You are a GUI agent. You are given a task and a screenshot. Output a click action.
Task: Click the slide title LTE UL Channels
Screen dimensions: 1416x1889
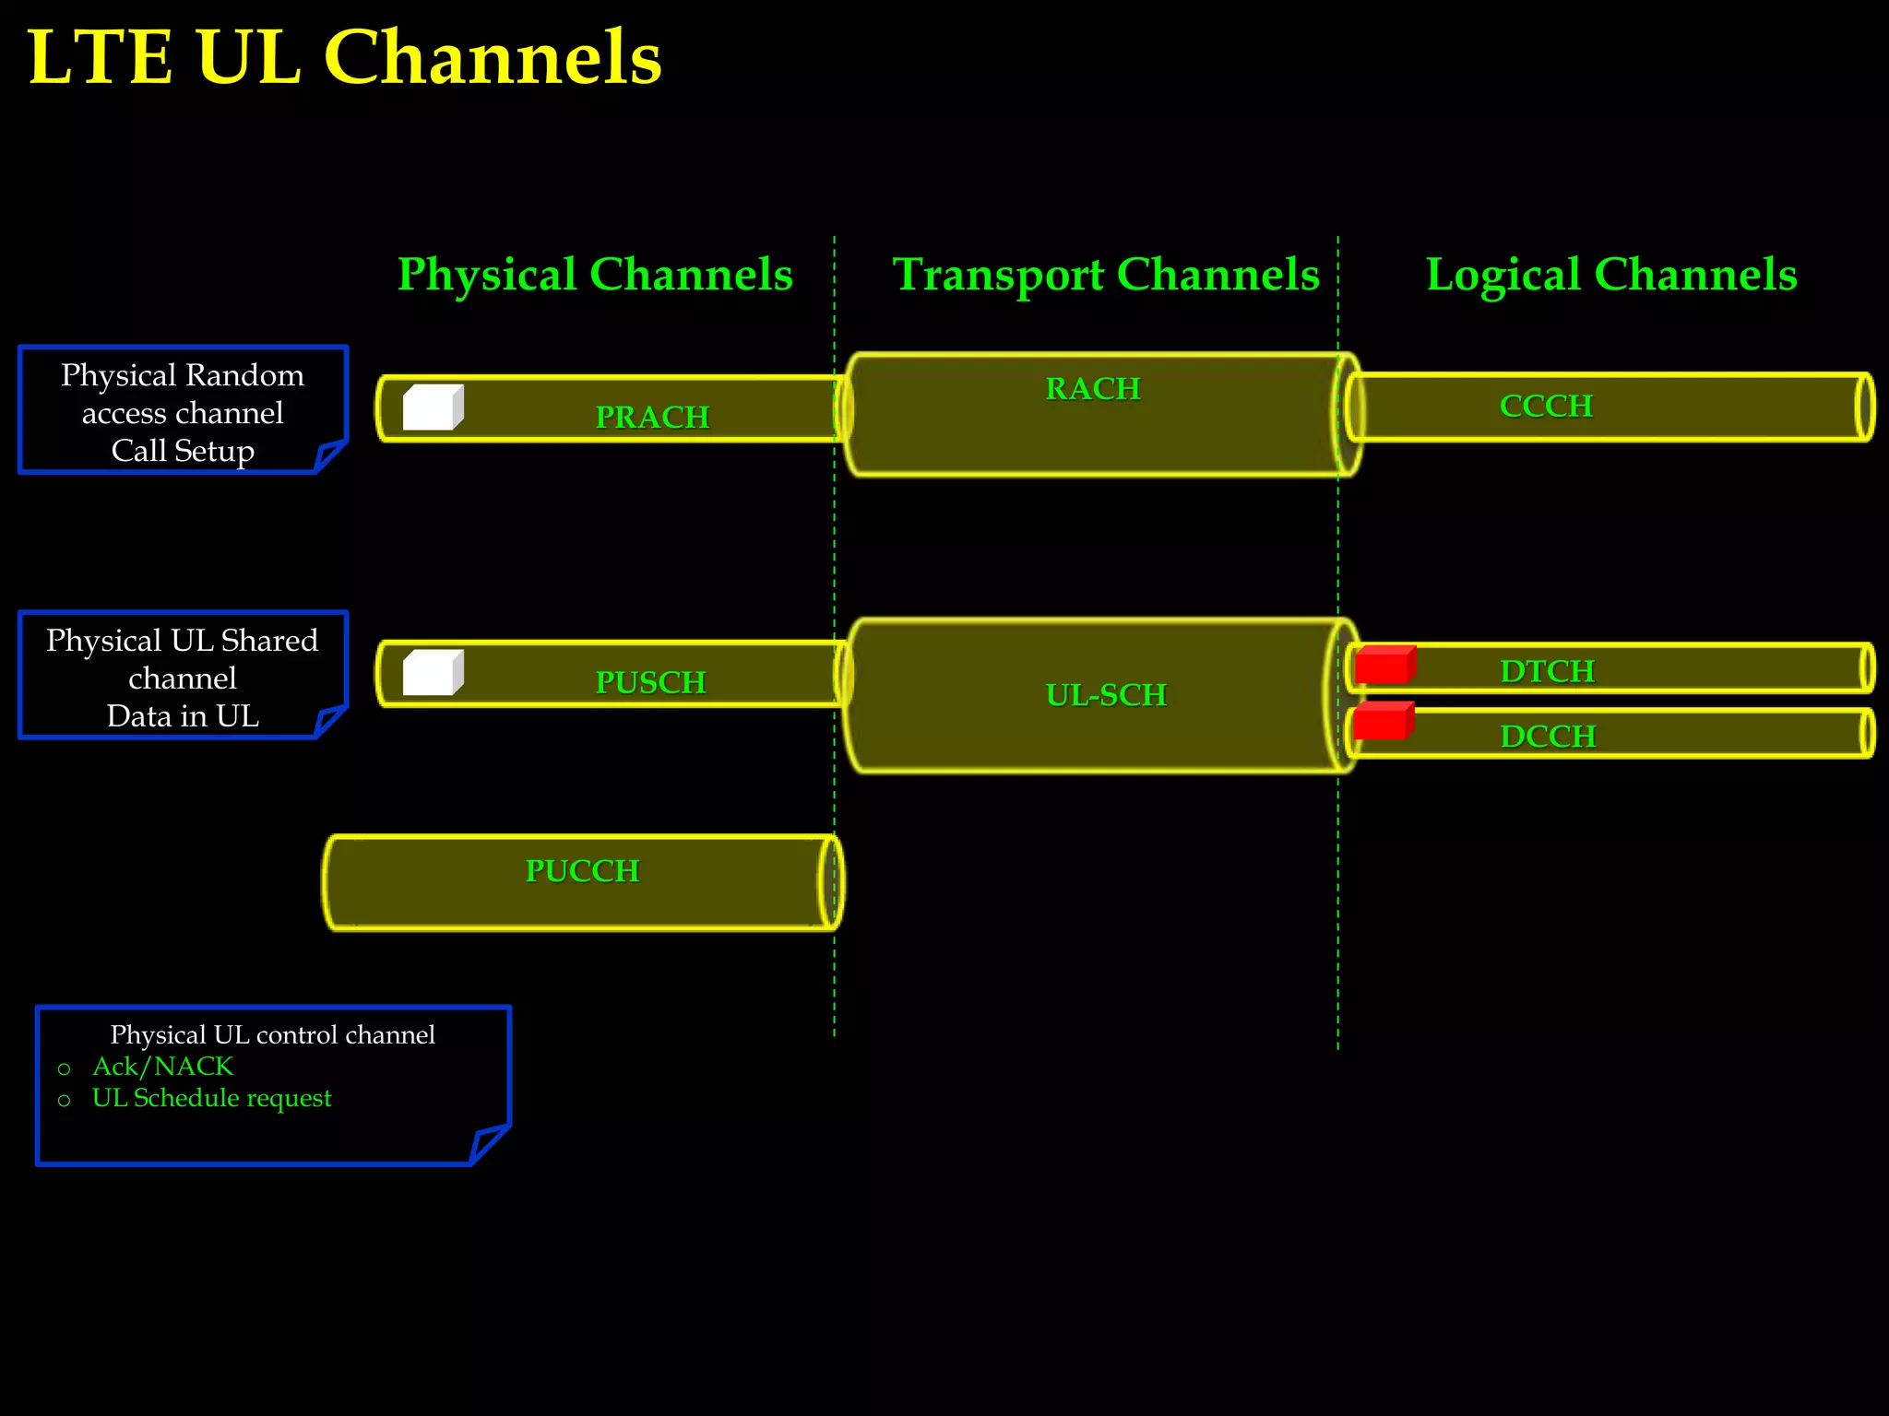344,57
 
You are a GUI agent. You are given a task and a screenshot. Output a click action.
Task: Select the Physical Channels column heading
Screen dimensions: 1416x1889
595,274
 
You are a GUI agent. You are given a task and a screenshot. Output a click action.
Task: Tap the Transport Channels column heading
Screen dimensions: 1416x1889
1106,274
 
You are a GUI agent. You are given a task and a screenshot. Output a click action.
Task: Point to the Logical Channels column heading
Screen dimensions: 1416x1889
1610,274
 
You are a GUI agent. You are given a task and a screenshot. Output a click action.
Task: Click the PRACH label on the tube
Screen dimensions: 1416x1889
652,417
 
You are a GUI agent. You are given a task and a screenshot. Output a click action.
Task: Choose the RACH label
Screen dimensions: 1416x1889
1093,388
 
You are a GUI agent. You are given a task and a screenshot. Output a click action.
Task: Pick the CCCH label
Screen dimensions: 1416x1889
1546,406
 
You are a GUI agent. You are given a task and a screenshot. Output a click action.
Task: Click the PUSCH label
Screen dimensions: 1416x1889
650,682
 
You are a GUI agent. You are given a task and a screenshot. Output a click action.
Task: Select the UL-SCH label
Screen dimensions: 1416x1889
1106,694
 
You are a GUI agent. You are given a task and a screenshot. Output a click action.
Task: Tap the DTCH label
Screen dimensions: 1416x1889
1547,670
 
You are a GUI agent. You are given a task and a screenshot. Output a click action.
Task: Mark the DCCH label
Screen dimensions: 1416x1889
1548,736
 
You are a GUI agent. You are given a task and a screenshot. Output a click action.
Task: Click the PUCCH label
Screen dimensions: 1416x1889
582,870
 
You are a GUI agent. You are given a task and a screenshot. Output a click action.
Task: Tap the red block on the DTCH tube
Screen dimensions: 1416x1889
1384,665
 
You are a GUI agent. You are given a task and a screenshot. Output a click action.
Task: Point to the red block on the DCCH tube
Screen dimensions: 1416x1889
1383,721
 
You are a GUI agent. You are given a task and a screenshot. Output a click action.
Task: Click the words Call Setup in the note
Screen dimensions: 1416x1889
183,451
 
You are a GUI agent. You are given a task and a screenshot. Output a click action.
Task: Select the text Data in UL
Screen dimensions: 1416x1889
183,716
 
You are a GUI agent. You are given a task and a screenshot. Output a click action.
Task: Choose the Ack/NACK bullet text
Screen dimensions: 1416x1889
162,1066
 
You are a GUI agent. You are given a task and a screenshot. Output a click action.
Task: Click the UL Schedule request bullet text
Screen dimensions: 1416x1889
211,1098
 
